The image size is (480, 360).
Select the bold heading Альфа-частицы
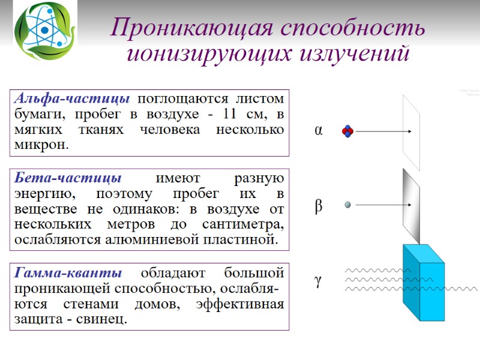click(72, 98)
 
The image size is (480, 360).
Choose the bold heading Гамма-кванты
click(67, 273)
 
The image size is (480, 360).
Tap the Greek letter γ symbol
click(319, 281)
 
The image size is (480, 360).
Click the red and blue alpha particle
click(348, 131)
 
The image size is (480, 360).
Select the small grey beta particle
click(347, 205)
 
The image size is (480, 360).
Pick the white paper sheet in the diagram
click(412, 132)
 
